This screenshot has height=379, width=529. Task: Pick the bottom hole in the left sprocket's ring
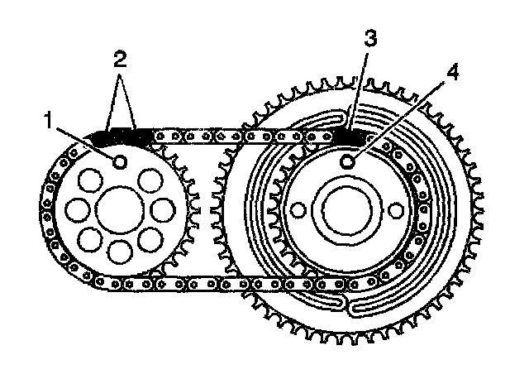tap(119, 250)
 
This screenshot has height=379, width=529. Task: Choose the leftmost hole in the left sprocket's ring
tap(75, 211)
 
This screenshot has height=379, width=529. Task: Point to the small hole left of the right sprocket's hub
tap(296, 211)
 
